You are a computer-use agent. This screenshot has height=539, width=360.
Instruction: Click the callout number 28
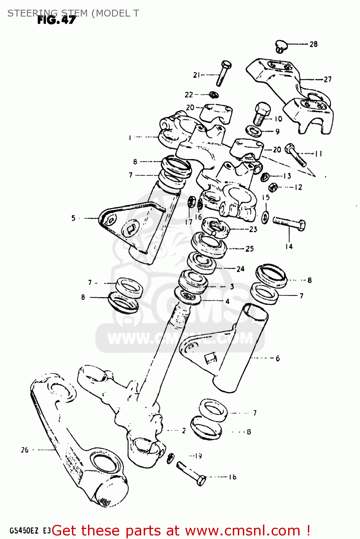[x=313, y=44]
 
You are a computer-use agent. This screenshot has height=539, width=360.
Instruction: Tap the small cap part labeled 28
[x=280, y=46]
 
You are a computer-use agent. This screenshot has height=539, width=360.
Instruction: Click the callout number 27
[x=327, y=79]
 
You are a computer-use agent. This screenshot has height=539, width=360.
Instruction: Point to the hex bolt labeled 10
[x=262, y=113]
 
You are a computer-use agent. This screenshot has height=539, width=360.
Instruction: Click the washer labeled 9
[x=254, y=131]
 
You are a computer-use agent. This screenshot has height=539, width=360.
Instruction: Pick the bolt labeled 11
[x=296, y=155]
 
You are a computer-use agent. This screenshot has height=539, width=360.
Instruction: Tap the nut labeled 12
[x=273, y=187]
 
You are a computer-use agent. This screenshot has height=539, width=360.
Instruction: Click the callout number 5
[x=73, y=218]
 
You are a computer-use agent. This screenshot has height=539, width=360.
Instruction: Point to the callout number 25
[x=250, y=249]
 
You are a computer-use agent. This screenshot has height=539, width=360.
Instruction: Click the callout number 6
[x=277, y=358]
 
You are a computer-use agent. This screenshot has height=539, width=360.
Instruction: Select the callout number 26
[x=24, y=450]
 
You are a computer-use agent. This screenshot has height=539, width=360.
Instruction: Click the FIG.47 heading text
[x=56, y=20]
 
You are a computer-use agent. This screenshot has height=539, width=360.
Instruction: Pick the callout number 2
[x=184, y=430]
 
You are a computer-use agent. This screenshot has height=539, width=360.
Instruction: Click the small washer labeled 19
[x=171, y=458]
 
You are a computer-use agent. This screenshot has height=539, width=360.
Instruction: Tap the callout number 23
[x=253, y=229]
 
